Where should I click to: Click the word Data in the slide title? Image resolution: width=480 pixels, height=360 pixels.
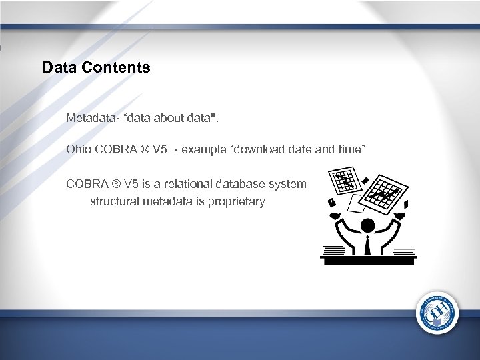click(57, 67)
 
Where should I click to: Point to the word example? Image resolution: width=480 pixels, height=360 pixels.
click(204, 149)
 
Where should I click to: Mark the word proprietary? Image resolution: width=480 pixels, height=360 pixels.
click(238, 201)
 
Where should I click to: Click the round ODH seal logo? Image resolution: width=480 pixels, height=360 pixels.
click(437, 313)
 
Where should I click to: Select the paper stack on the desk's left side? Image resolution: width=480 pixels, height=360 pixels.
click(334, 250)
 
